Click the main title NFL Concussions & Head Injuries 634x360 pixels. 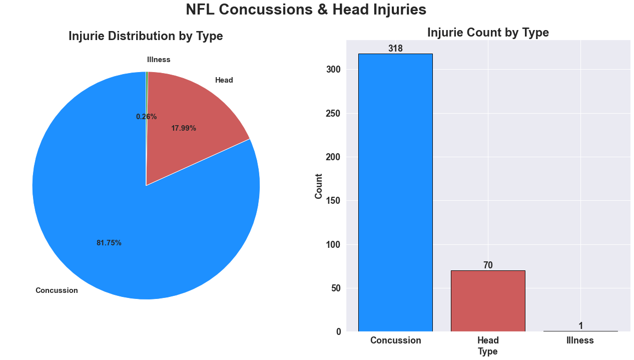tap(306, 10)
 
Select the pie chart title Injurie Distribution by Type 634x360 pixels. tap(146, 36)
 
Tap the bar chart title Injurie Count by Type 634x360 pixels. tap(488, 33)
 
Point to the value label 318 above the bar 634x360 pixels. tap(395, 49)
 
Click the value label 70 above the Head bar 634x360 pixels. tap(488, 265)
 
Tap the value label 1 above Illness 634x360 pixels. tap(580, 326)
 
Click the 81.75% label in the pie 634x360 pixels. tap(109, 243)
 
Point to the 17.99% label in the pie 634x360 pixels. tap(184, 128)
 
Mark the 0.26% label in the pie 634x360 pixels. tap(146, 117)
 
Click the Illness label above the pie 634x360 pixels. tap(159, 60)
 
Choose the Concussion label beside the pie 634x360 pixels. tap(57, 290)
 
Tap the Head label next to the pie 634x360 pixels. tap(224, 80)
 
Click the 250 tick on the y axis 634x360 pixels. tap(333, 114)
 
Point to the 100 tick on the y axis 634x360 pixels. tap(333, 245)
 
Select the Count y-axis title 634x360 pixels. tap(319, 186)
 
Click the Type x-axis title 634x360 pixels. tap(488, 351)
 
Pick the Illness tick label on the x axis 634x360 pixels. tap(580, 340)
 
